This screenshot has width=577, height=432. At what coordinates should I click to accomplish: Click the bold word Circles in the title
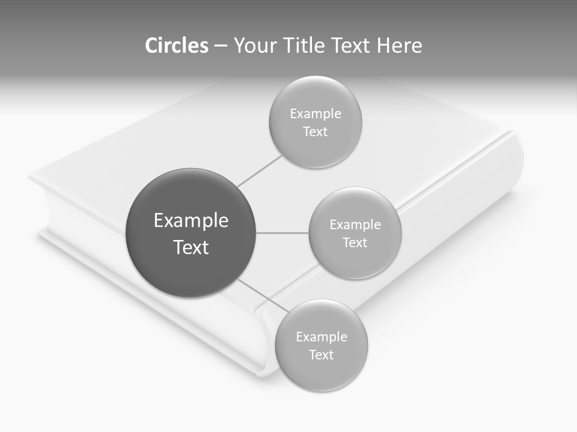[x=176, y=46]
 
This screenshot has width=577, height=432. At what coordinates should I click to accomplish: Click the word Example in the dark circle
[x=191, y=221]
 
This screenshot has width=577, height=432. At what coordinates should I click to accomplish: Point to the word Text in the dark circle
[x=191, y=247]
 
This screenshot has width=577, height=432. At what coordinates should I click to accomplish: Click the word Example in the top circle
[x=316, y=114]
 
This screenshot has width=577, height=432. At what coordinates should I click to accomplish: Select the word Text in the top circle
[x=316, y=132]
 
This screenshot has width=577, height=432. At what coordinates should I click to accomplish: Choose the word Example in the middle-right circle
[x=355, y=225]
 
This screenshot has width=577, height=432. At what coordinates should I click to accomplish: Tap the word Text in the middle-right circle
[x=355, y=243]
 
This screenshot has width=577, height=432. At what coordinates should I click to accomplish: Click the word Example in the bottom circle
[x=322, y=337]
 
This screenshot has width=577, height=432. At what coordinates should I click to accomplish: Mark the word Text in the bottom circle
[x=322, y=355]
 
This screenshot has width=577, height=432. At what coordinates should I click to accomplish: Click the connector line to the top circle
[x=260, y=170]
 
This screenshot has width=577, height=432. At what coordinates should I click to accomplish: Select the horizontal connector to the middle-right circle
[x=282, y=233]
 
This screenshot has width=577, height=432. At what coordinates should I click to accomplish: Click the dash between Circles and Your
[x=221, y=46]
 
